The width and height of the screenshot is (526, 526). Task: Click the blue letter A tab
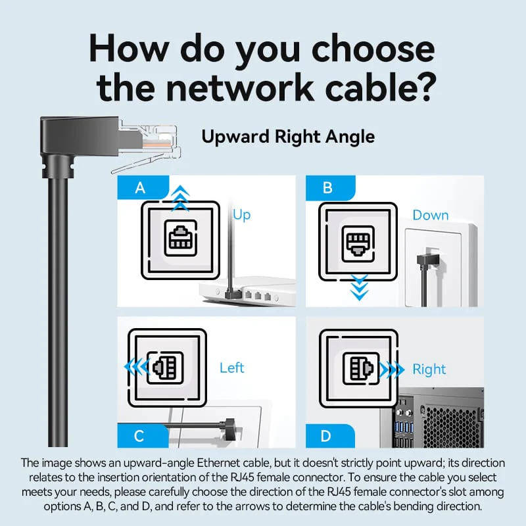[x=143, y=187]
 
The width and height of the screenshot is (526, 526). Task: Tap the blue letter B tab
[x=330, y=188]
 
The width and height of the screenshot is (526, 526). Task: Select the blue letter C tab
[x=143, y=436]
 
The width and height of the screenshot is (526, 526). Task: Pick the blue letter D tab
[x=330, y=436]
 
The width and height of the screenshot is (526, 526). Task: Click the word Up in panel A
[x=241, y=215]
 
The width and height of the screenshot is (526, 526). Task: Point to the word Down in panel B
[x=431, y=215]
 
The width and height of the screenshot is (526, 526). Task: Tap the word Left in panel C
[x=232, y=368]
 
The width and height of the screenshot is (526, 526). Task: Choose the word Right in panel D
[x=429, y=370]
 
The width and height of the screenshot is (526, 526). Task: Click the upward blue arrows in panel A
[x=180, y=198]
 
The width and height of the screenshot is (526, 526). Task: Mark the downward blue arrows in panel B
[x=359, y=287]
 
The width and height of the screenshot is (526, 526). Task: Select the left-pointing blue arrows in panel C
[x=137, y=367]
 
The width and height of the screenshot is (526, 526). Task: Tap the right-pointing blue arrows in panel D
[x=391, y=370]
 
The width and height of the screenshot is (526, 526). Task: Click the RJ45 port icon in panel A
[x=180, y=239]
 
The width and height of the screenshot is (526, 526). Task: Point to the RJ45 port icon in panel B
[x=358, y=243]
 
